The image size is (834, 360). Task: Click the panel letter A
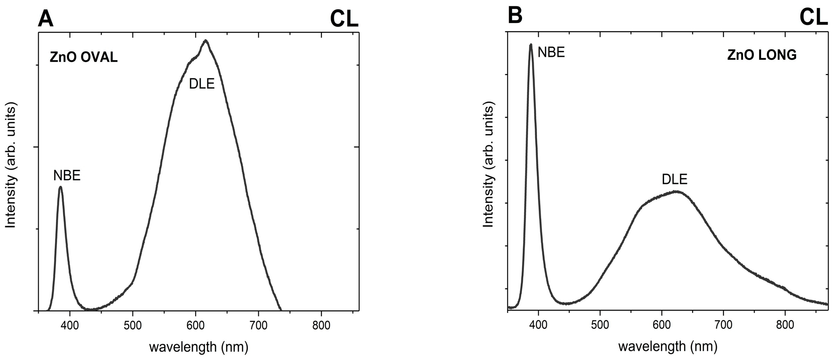tap(45, 19)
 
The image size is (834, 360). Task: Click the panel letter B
tap(515, 15)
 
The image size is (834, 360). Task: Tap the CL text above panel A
tap(344, 19)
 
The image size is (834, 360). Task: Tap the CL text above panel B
tap(813, 17)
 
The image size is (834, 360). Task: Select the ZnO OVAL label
tap(84, 58)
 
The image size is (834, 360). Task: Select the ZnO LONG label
tap(762, 55)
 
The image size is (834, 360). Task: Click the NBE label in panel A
tap(67, 176)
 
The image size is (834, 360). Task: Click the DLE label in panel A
tap(202, 84)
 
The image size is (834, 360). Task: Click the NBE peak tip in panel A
tap(60, 187)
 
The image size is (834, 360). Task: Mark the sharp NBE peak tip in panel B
tap(531, 45)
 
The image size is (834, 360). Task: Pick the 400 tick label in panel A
tap(70, 325)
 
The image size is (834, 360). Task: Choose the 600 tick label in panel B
tap(662, 324)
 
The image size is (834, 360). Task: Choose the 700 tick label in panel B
tap(723, 324)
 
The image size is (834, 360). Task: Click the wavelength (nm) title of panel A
tap(199, 347)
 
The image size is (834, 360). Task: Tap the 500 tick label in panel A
tap(132, 325)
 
